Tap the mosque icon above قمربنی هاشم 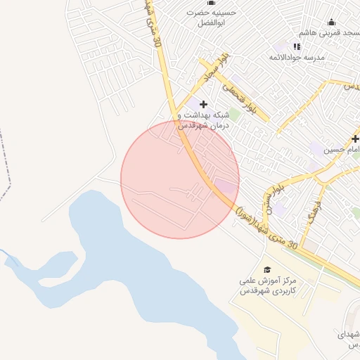[x=332, y=21]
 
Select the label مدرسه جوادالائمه [x=326, y=58]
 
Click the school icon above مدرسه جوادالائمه [x=297, y=46]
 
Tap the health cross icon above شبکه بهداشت [x=203, y=104]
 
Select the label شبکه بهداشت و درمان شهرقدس [x=203, y=120]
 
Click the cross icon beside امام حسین [x=355, y=139]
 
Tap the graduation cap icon [x=266, y=269]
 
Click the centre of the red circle [x=180, y=179]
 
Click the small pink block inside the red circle [x=226, y=186]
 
